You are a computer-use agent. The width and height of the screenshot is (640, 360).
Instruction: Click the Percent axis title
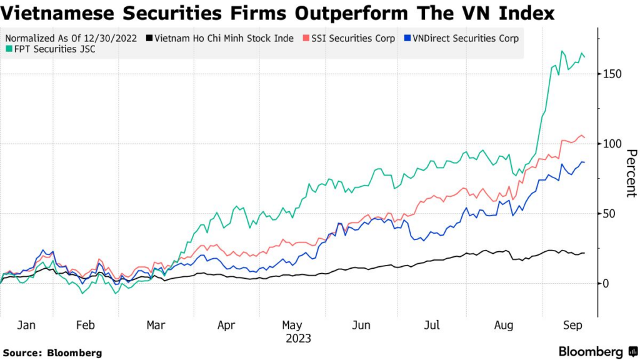coord(631,173)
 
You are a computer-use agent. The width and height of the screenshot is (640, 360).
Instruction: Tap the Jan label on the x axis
coord(26,325)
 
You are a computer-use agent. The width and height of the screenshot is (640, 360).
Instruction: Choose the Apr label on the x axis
coord(226,325)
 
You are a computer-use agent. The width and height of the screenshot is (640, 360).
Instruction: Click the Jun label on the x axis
coord(361,325)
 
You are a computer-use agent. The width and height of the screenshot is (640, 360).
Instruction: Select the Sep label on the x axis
coord(574,325)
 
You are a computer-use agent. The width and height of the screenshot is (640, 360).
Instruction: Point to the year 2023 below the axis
coord(297,338)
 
